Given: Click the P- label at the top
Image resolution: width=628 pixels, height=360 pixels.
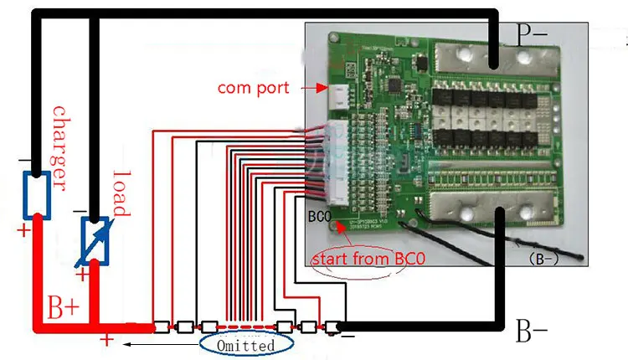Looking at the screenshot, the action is pos(532,35).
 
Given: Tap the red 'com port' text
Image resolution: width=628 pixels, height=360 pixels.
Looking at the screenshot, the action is pos(253,87).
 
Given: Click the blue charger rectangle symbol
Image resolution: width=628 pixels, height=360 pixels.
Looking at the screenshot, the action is pos(38,193).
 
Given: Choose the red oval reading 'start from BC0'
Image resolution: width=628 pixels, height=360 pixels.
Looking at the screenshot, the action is pos(368,259).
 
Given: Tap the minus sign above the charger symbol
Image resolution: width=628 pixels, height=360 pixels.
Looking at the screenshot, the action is pos(23,157).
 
